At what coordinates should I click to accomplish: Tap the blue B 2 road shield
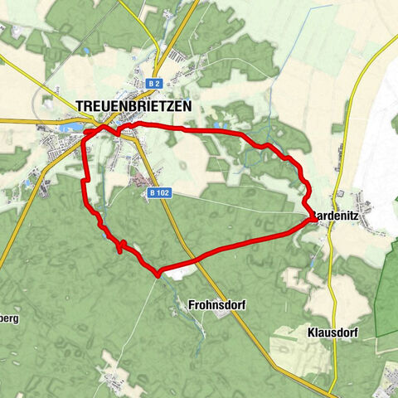tap(153, 84)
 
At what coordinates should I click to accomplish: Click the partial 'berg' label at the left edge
tap(9, 318)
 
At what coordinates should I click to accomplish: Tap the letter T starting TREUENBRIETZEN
tap(79, 106)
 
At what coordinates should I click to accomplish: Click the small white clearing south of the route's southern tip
tap(186, 269)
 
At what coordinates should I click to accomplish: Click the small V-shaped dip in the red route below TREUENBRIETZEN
tap(117, 130)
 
